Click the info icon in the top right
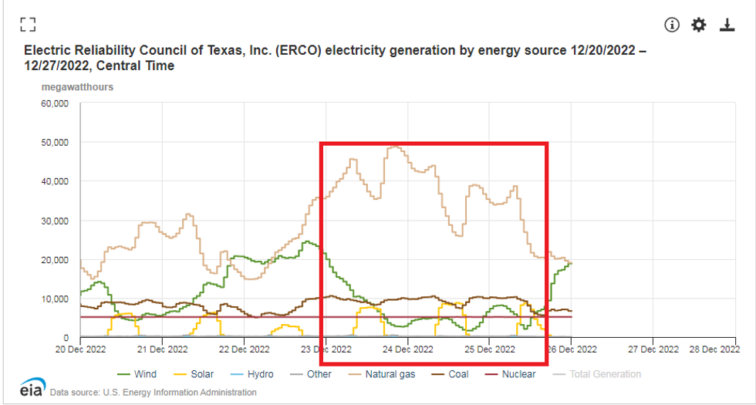(x=672, y=25)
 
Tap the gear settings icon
(x=699, y=25)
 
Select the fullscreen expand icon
(x=29, y=24)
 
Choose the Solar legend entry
(x=195, y=374)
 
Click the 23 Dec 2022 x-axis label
(x=326, y=349)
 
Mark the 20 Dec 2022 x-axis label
(x=80, y=349)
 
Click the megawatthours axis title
(x=77, y=87)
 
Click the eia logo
(x=32, y=387)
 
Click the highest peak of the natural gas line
(x=396, y=146)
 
